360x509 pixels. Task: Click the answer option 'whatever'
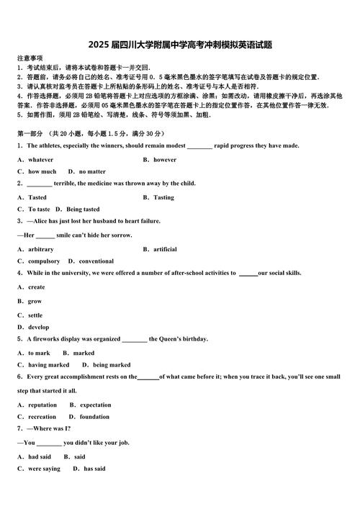pos(40,159)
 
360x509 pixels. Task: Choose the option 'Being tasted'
pos(83,209)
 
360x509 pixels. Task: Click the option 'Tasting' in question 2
pos(163,197)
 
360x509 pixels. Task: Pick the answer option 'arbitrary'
pos(40,249)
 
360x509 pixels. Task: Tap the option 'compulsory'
pos(44,261)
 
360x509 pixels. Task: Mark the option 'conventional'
pos(96,261)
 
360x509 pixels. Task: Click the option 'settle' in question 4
pos(35,315)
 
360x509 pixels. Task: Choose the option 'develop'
pos(38,327)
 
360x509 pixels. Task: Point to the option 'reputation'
pos(42,405)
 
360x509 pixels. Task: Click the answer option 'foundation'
pos(94,416)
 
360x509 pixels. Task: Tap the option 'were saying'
pos(44,468)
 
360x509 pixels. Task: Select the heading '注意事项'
pos(30,58)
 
